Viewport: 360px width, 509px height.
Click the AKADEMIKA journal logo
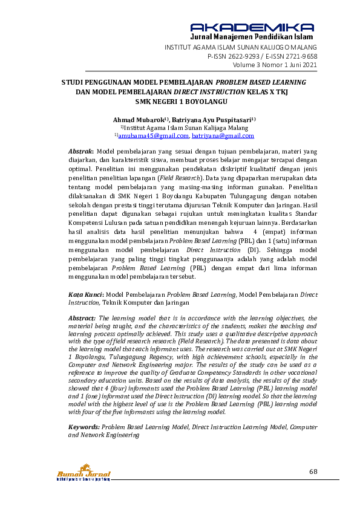point(252,27)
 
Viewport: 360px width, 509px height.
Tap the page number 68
point(313,472)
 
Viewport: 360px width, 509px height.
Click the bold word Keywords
point(83,427)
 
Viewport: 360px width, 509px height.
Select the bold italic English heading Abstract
point(82,317)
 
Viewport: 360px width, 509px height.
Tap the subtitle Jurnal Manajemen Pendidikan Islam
point(252,37)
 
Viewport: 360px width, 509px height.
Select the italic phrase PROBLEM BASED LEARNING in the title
point(261,82)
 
